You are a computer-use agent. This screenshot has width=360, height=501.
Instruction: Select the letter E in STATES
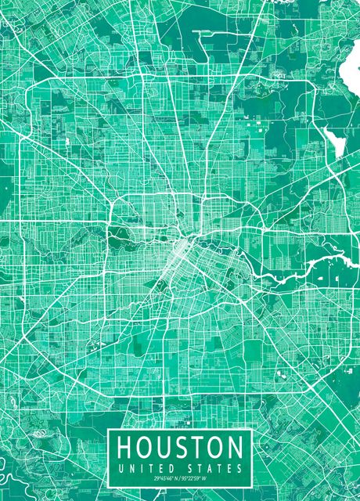[232, 468]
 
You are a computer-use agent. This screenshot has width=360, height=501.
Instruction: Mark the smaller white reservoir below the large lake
[335, 142]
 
